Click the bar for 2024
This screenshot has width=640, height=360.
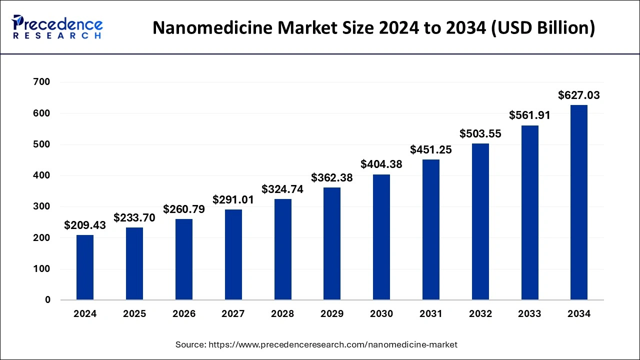(x=85, y=267)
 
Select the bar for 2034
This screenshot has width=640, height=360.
(x=579, y=202)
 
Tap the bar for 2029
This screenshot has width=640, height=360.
(x=332, y=243)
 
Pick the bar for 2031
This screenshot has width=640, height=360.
(x=430, y=229)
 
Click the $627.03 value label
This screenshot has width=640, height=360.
(x=579, y=95)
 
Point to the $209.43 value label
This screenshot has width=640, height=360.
(x=85, y=225)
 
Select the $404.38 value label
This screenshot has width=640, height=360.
(x=381, y=164)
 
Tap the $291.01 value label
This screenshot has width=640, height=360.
(x=233, y=199)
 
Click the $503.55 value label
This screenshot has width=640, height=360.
(x=480, y=133)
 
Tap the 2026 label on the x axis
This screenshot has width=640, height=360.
(x=184, y=314)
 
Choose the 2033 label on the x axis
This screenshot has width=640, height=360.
(x=529, y=314)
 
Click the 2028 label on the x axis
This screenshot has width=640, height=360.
(x=282, y=314)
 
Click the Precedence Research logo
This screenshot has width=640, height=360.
(x=57, y=27)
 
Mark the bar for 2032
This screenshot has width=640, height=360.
(x=480, y=221)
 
